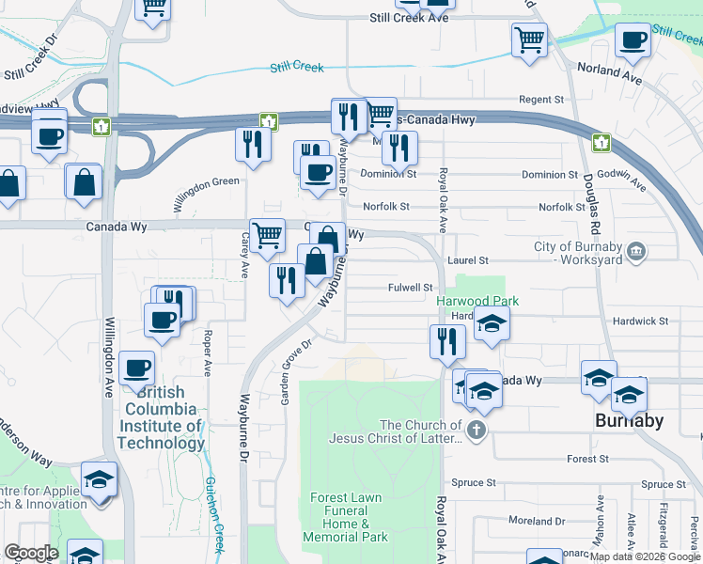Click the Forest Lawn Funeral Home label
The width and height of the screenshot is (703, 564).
pyautogui.click(x=346, y=516)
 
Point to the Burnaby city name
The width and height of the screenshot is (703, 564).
pyautogui.click(x=630, y=420)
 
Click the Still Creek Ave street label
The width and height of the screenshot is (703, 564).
pyautogui.click(x=409, y=18)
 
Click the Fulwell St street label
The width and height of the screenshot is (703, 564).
pyautogui.click(x=410, y=288)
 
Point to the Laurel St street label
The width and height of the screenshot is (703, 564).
pyautogui.click(x=471, y=260)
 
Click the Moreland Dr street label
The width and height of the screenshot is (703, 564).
pyautogui.click(x=536, y=520)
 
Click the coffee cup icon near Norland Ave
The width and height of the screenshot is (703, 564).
pyautogui.click(x=633, y=39)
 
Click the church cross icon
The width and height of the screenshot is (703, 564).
pyautogui.click(x=476, y=431)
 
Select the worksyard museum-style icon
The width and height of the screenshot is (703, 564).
pyautogui.click(x=636, y=252)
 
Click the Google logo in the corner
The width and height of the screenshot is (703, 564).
pyautogui.click(x=31, y=553)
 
